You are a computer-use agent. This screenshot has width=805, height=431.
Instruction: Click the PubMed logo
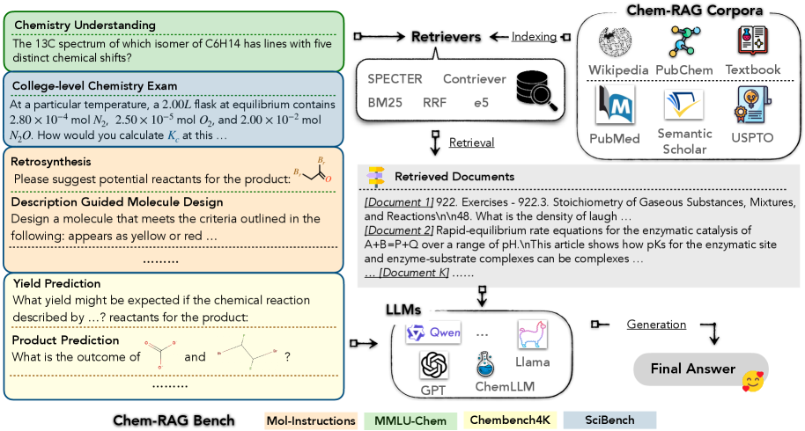point(616,105)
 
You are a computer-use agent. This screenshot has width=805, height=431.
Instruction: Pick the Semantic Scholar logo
point(684,107)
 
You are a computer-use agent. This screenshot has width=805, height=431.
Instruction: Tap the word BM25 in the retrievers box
point(385,103)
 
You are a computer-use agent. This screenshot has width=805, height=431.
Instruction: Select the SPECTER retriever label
point(395,78)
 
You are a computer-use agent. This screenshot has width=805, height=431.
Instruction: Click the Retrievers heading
point(446,38)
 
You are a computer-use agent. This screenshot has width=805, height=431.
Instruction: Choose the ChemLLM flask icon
point(482,362)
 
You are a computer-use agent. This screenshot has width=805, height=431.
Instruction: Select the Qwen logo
point(428,333)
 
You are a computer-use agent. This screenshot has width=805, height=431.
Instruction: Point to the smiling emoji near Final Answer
point(752,381)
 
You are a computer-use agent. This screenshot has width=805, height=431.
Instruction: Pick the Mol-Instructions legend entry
point(309,420)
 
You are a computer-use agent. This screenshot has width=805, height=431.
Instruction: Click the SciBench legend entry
point(610,420)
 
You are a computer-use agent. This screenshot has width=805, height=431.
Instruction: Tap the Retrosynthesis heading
point(50,162)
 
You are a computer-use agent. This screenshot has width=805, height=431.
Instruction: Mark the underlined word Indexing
point(533,37)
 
